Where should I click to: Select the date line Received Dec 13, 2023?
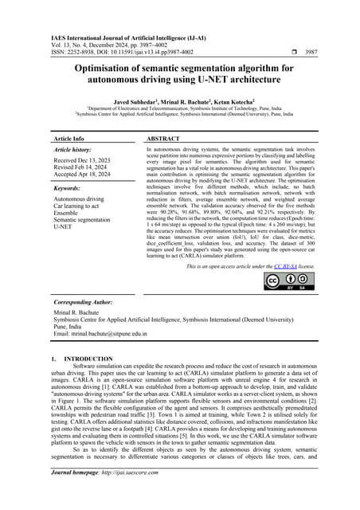coord(81,159)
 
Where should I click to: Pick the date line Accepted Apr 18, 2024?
coord(81,175)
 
